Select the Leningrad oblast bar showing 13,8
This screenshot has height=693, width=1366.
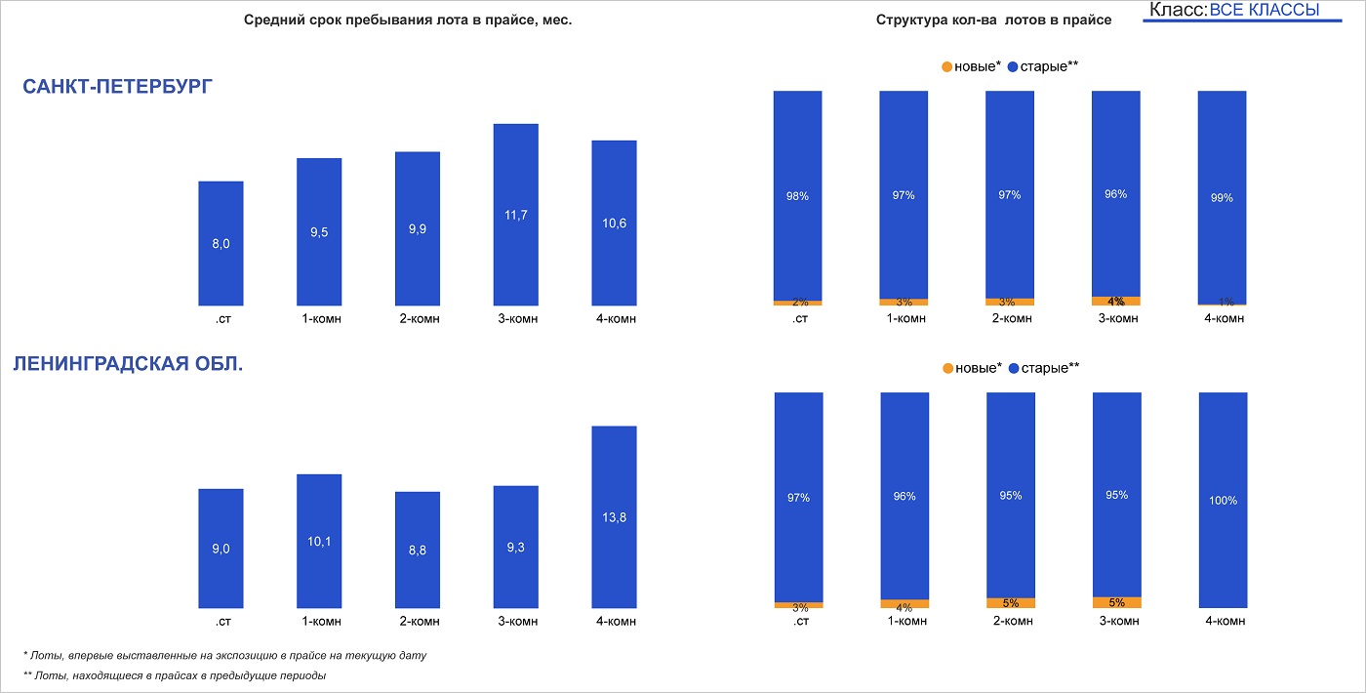pos(614,517)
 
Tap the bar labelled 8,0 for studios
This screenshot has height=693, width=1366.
pos(221,243)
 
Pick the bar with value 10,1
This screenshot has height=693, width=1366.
pos(319,541)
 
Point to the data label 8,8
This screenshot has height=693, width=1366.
pos(417,550)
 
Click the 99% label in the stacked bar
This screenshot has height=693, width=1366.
pos(1222,197)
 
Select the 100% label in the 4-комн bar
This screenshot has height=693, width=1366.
pos(1222,501)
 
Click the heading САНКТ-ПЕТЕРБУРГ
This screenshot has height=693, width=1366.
pos(117,87)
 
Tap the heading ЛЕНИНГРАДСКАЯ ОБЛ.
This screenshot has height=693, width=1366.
pos(128,365)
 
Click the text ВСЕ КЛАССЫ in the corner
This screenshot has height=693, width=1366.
pos(1264,10)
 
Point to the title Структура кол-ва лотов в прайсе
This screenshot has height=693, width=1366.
pos(993,20)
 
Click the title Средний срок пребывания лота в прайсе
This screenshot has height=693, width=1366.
pos(408,20)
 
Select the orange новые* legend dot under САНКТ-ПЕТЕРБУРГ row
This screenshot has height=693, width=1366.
pos(946,66)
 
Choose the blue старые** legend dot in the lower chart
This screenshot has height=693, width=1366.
pos(1013,368)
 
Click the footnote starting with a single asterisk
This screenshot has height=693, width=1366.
pos(224,655)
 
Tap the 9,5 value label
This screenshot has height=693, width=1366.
pos(319,232)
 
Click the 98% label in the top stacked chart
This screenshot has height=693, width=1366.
pos(797,196)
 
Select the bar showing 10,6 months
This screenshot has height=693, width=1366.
pos(614,223)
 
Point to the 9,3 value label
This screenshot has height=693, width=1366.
pos(515,548)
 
